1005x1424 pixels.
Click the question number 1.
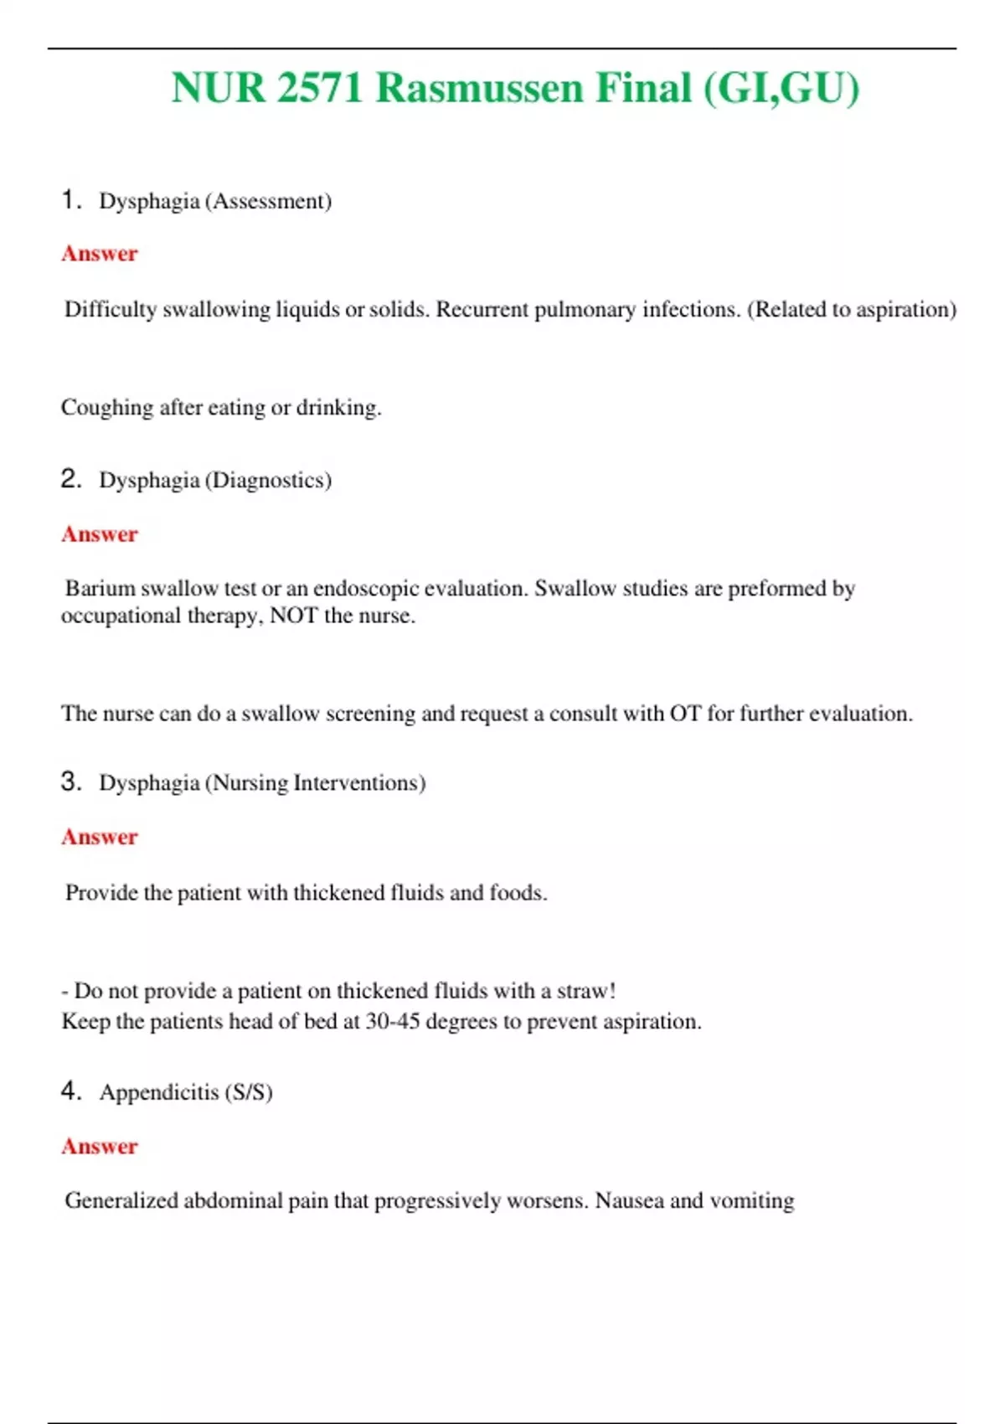pyautogui.click(x=70, y=199)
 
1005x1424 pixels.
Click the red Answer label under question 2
pyautogui.click(x=99, y=534)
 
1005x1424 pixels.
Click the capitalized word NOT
pyautogui.click(x=293, y=617)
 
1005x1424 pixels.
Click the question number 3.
pyautogui.click(x=70, y=782)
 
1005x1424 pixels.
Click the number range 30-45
pyautogui.click(x=392, y=1022)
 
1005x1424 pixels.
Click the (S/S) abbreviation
pyautogui.click(x=249, y=1092)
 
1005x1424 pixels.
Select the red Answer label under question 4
pyautogui.click(x=99, y=1147)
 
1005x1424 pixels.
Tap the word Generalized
pyautogui.click(x=121, y=1201)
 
